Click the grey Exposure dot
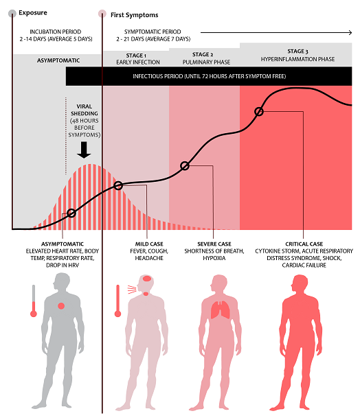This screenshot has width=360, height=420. (x=12, y=14)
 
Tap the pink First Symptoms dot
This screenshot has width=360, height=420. (x=102, y=14)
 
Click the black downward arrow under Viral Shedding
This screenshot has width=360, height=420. (x=84, y=150)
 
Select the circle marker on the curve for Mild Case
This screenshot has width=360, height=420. (x=118, y=185)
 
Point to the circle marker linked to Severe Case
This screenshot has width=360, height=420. (x=185, y=166)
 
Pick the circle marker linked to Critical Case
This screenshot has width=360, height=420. (x=259, y=111)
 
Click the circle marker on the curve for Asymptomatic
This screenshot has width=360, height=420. (x=71, y=213)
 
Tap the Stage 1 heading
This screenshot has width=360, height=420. (x=136, y=56)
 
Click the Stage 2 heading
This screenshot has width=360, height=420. (x=203, y=54)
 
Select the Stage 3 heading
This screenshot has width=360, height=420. (x=297, y=51)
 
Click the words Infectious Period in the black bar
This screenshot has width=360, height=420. (x=157, y=76)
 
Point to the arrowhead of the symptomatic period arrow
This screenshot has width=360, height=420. (x=350, y=33)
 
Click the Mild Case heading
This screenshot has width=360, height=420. (x=149, y=244)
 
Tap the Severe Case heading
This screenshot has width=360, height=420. (x=214, y=244)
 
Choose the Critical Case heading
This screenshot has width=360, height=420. (x=304, y=244)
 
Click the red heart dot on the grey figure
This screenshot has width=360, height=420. (x=61, y=306)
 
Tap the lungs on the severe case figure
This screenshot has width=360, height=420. (x=221, y=310)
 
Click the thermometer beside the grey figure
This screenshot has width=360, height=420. (x=34, y=301)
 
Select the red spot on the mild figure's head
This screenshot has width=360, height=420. (x=147, y=279)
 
